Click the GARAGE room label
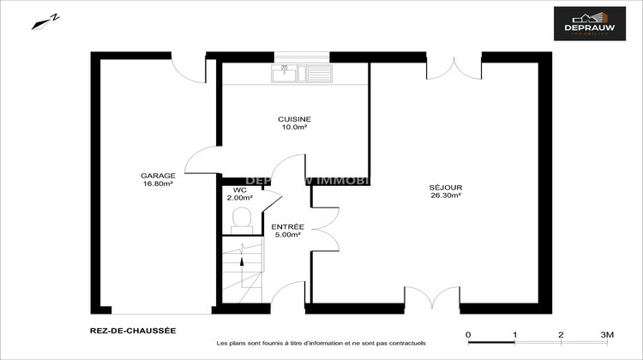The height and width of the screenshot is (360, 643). pos(158,176)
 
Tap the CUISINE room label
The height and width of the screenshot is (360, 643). pos(294,119)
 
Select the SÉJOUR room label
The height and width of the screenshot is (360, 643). pos(446,187)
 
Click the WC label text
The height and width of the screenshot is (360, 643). pos(240,189)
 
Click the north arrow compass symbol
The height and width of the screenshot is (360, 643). pos(47,21)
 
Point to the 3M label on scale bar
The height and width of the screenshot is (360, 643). pos(607,334)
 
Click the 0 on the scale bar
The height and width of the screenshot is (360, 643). pos(468,334)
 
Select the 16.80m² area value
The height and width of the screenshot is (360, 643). pos(158,184)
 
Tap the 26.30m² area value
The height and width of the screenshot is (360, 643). pos(446,195)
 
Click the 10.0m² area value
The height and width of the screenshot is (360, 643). pos(294,128)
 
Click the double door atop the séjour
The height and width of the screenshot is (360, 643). pos(454,67)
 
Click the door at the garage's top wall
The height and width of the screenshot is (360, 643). pos(188,67)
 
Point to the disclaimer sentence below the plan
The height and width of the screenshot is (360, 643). pos(321,342)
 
